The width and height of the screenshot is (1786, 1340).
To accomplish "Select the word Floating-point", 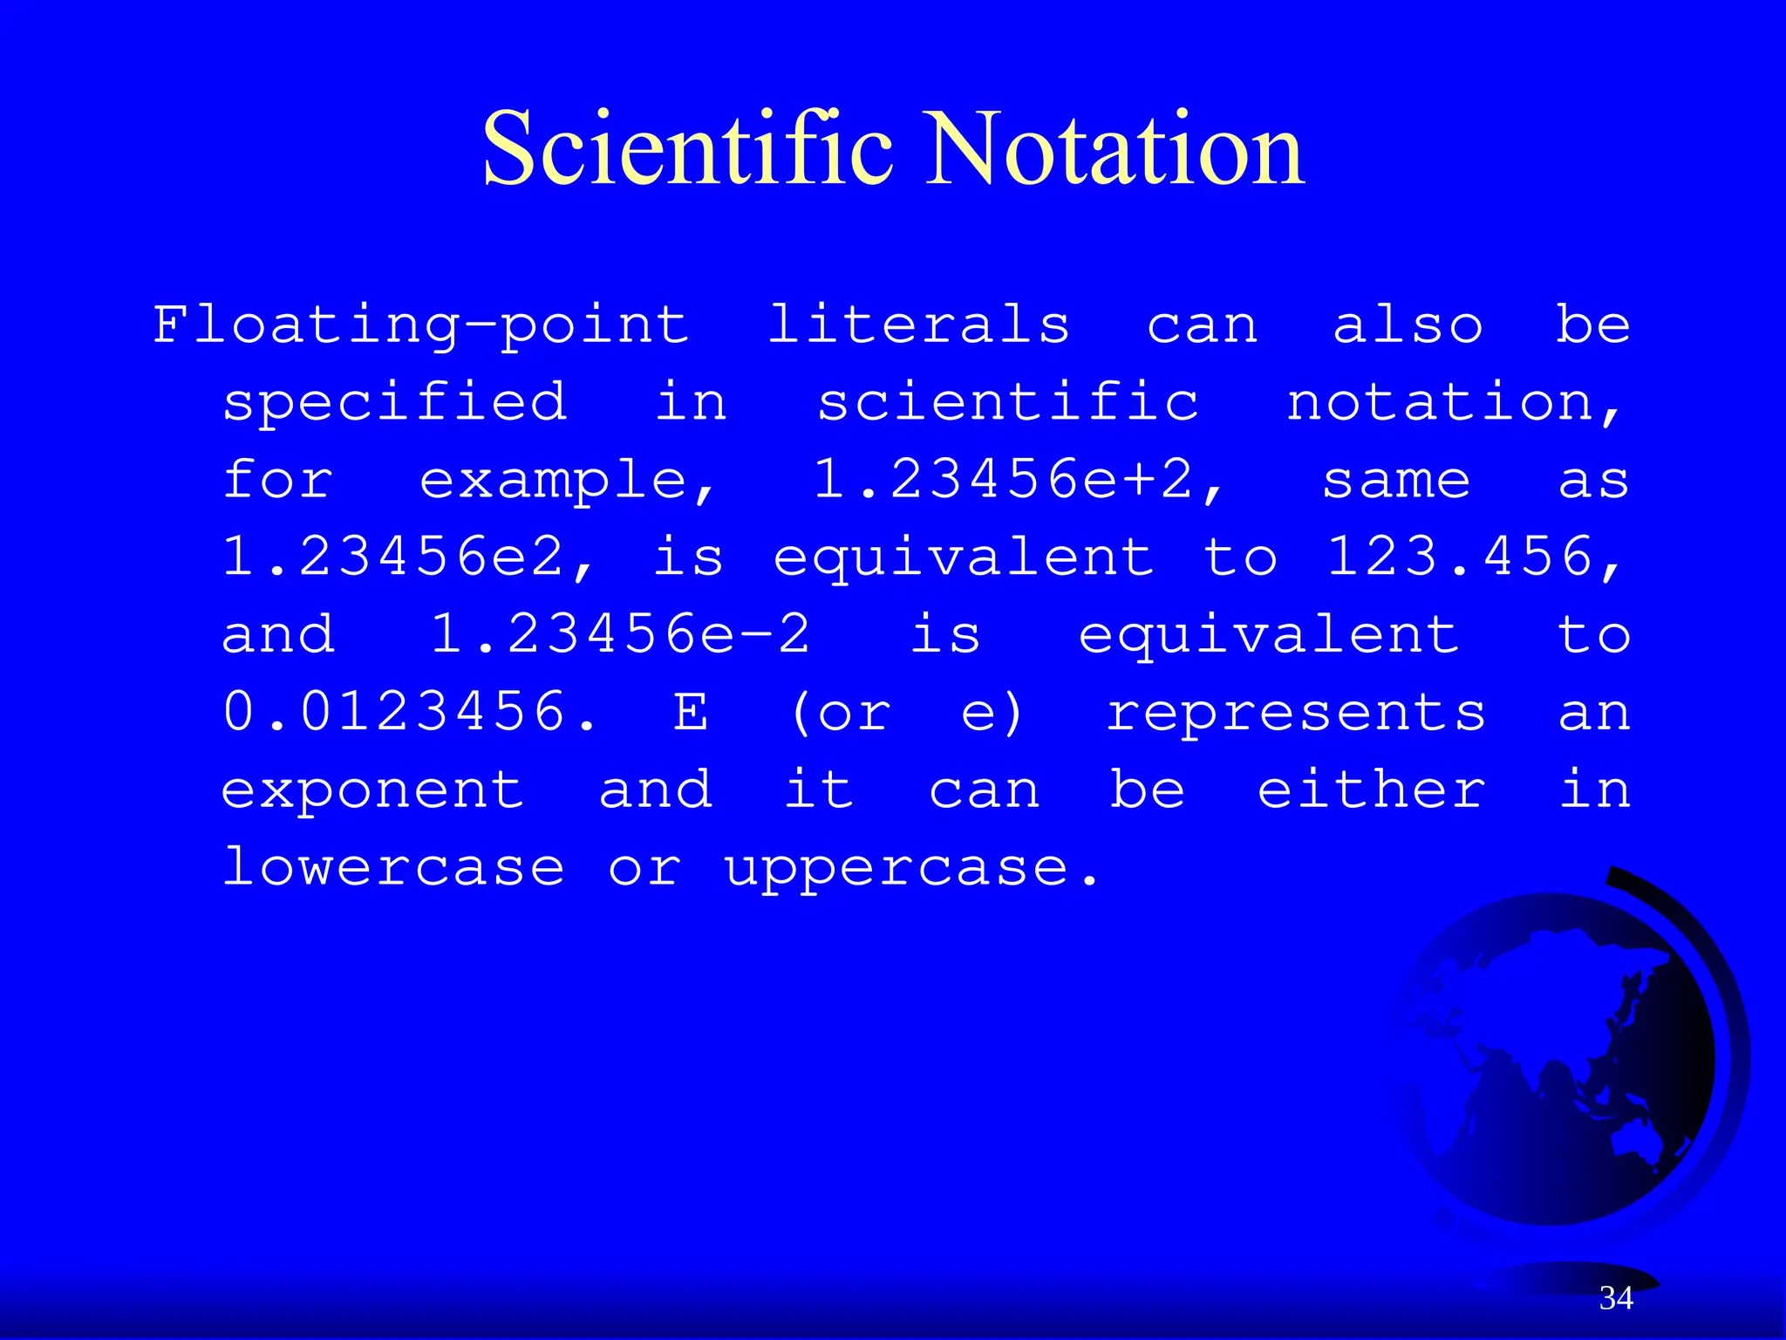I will click(421, 326).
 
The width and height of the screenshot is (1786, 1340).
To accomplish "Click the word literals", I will click(918, 325).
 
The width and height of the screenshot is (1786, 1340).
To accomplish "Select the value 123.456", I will click(1470, 557).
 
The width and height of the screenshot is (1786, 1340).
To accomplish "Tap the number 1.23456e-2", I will click(620, 634).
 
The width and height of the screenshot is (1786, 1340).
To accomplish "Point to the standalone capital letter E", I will click(690, 712).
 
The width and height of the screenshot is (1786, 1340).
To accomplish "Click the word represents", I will click(1296, 713).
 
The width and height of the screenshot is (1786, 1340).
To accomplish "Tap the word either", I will click(1371, 789).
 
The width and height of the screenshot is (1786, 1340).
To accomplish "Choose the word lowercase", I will click(393, 866).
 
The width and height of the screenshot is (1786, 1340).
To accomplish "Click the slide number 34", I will click(1616, 1298).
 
